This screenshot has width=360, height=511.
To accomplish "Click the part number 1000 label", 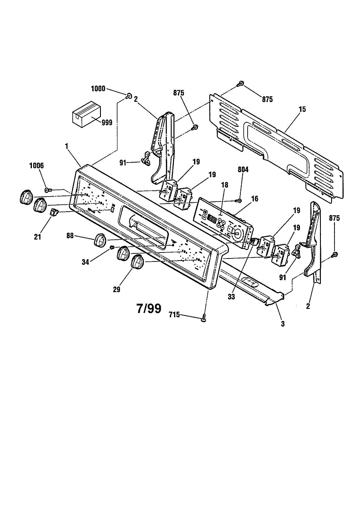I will point(98,89).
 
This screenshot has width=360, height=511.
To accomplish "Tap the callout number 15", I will point(302,109).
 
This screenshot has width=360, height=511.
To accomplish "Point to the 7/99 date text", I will point(149,308).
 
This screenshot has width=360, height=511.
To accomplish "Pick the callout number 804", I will point(243,169).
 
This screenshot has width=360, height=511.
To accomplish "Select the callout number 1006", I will point(36,165).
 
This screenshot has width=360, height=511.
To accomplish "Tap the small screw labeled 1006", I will point(48,189).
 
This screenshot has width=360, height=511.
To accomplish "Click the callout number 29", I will point(117,289).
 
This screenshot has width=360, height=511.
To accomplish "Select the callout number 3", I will point(283,324).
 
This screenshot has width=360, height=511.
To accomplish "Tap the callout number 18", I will point(225,186).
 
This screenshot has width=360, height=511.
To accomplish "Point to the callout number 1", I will point(67,146).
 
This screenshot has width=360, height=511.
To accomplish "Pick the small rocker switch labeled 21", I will point(54,212).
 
